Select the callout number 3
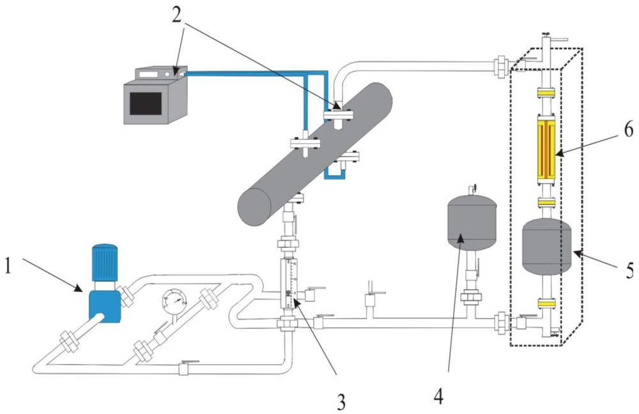point(342,402)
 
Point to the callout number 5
point(629,271)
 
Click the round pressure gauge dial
point(174,300)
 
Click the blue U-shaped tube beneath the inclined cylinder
point(334,172)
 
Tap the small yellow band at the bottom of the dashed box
point(546,302)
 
